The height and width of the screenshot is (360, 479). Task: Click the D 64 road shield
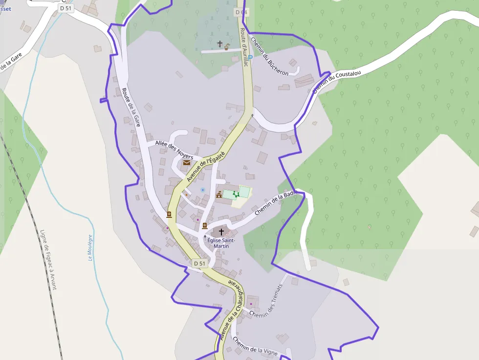(x=240, y=12)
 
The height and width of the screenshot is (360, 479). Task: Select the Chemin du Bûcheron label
(x=269, y=56)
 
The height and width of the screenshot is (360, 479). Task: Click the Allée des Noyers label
(x=174, y=149)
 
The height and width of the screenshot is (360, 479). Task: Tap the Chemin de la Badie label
(x=276, y=203)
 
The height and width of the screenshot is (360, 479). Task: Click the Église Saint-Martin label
(x=221, y=243)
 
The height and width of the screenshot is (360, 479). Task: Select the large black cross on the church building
(x=221, y=232)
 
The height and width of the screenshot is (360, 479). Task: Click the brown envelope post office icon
(x=186, y=162)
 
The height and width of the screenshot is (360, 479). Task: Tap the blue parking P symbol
(x=250, y=58)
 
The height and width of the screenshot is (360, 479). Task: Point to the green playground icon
(x=236, y=194)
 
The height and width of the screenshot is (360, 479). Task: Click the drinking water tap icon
(x=227, y=46)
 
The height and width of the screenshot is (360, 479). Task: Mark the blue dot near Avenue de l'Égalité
(x=202, y=190)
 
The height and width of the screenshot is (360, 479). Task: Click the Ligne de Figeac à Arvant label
(x=48, y=259)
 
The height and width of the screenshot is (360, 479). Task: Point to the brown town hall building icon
(x=219, y=194)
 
